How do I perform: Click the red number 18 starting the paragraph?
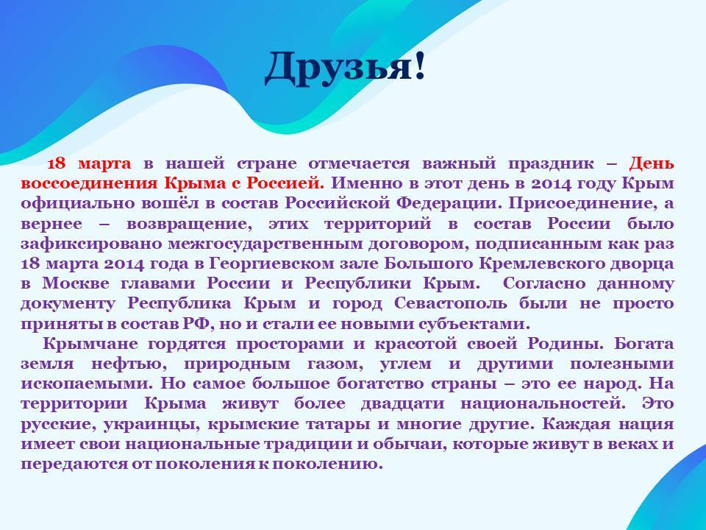click(57, 163)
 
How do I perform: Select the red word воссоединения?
click(89, 183)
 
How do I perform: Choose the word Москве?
click(76, 283)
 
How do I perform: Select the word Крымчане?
click(90, 344)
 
